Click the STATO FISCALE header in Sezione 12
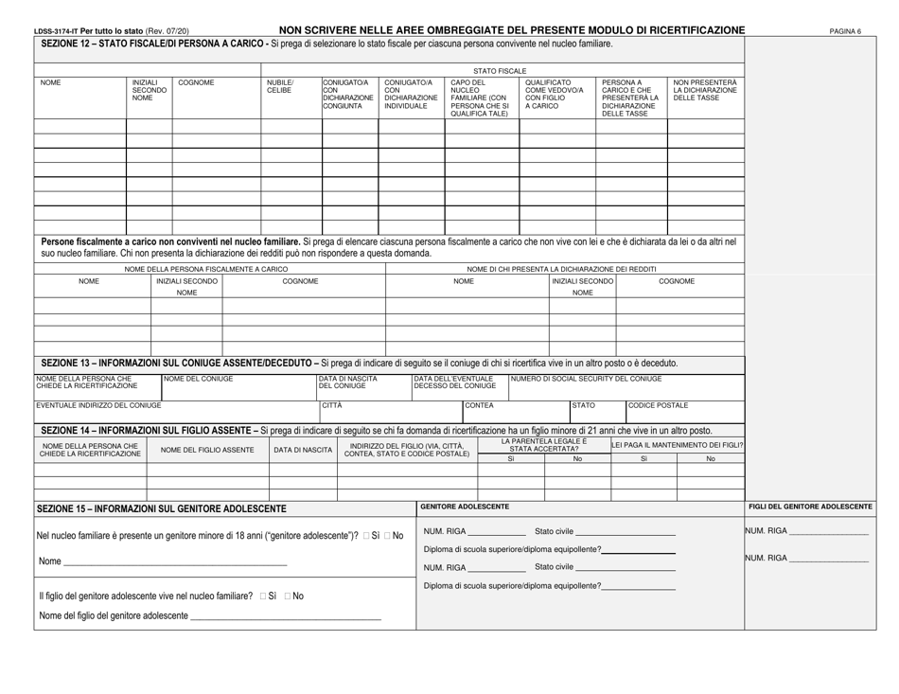point(499,70)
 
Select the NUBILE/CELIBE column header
point(280,87)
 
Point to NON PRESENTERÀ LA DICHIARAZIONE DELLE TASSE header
point(704,91)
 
